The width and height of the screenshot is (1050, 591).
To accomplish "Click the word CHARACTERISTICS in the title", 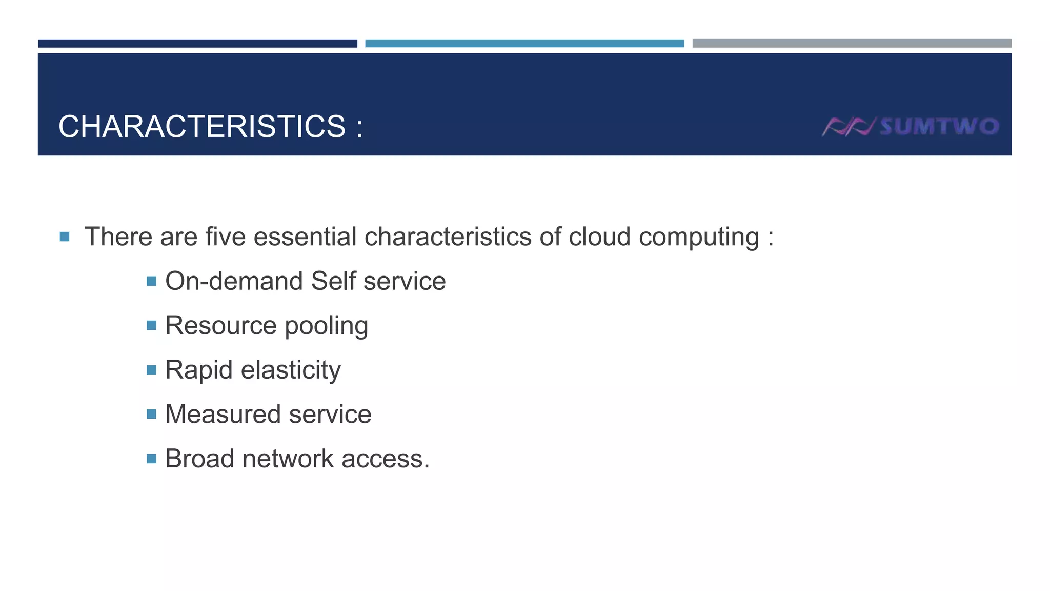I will click(x=202, y=127).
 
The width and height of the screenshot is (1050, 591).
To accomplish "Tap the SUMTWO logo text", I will click(x=939, y=127).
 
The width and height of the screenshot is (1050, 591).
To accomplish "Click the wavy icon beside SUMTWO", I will click(x=849, y=127).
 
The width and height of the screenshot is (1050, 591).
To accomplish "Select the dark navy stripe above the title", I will click(x=197, y=44).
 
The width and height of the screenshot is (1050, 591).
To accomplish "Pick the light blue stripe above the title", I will click(x=524, y=44).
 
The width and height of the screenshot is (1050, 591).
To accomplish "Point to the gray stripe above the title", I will click(x=852, y=44).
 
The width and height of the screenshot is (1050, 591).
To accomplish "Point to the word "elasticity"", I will click(x=291, y=370).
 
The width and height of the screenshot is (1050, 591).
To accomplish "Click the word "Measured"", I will click(x=223, y=415).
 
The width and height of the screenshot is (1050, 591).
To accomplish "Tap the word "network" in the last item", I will click(x=288, y=459).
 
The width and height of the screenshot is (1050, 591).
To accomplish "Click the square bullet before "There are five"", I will click(x=65, y=237).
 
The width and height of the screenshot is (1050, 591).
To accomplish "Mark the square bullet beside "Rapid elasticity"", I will click(x=151, y=370).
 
